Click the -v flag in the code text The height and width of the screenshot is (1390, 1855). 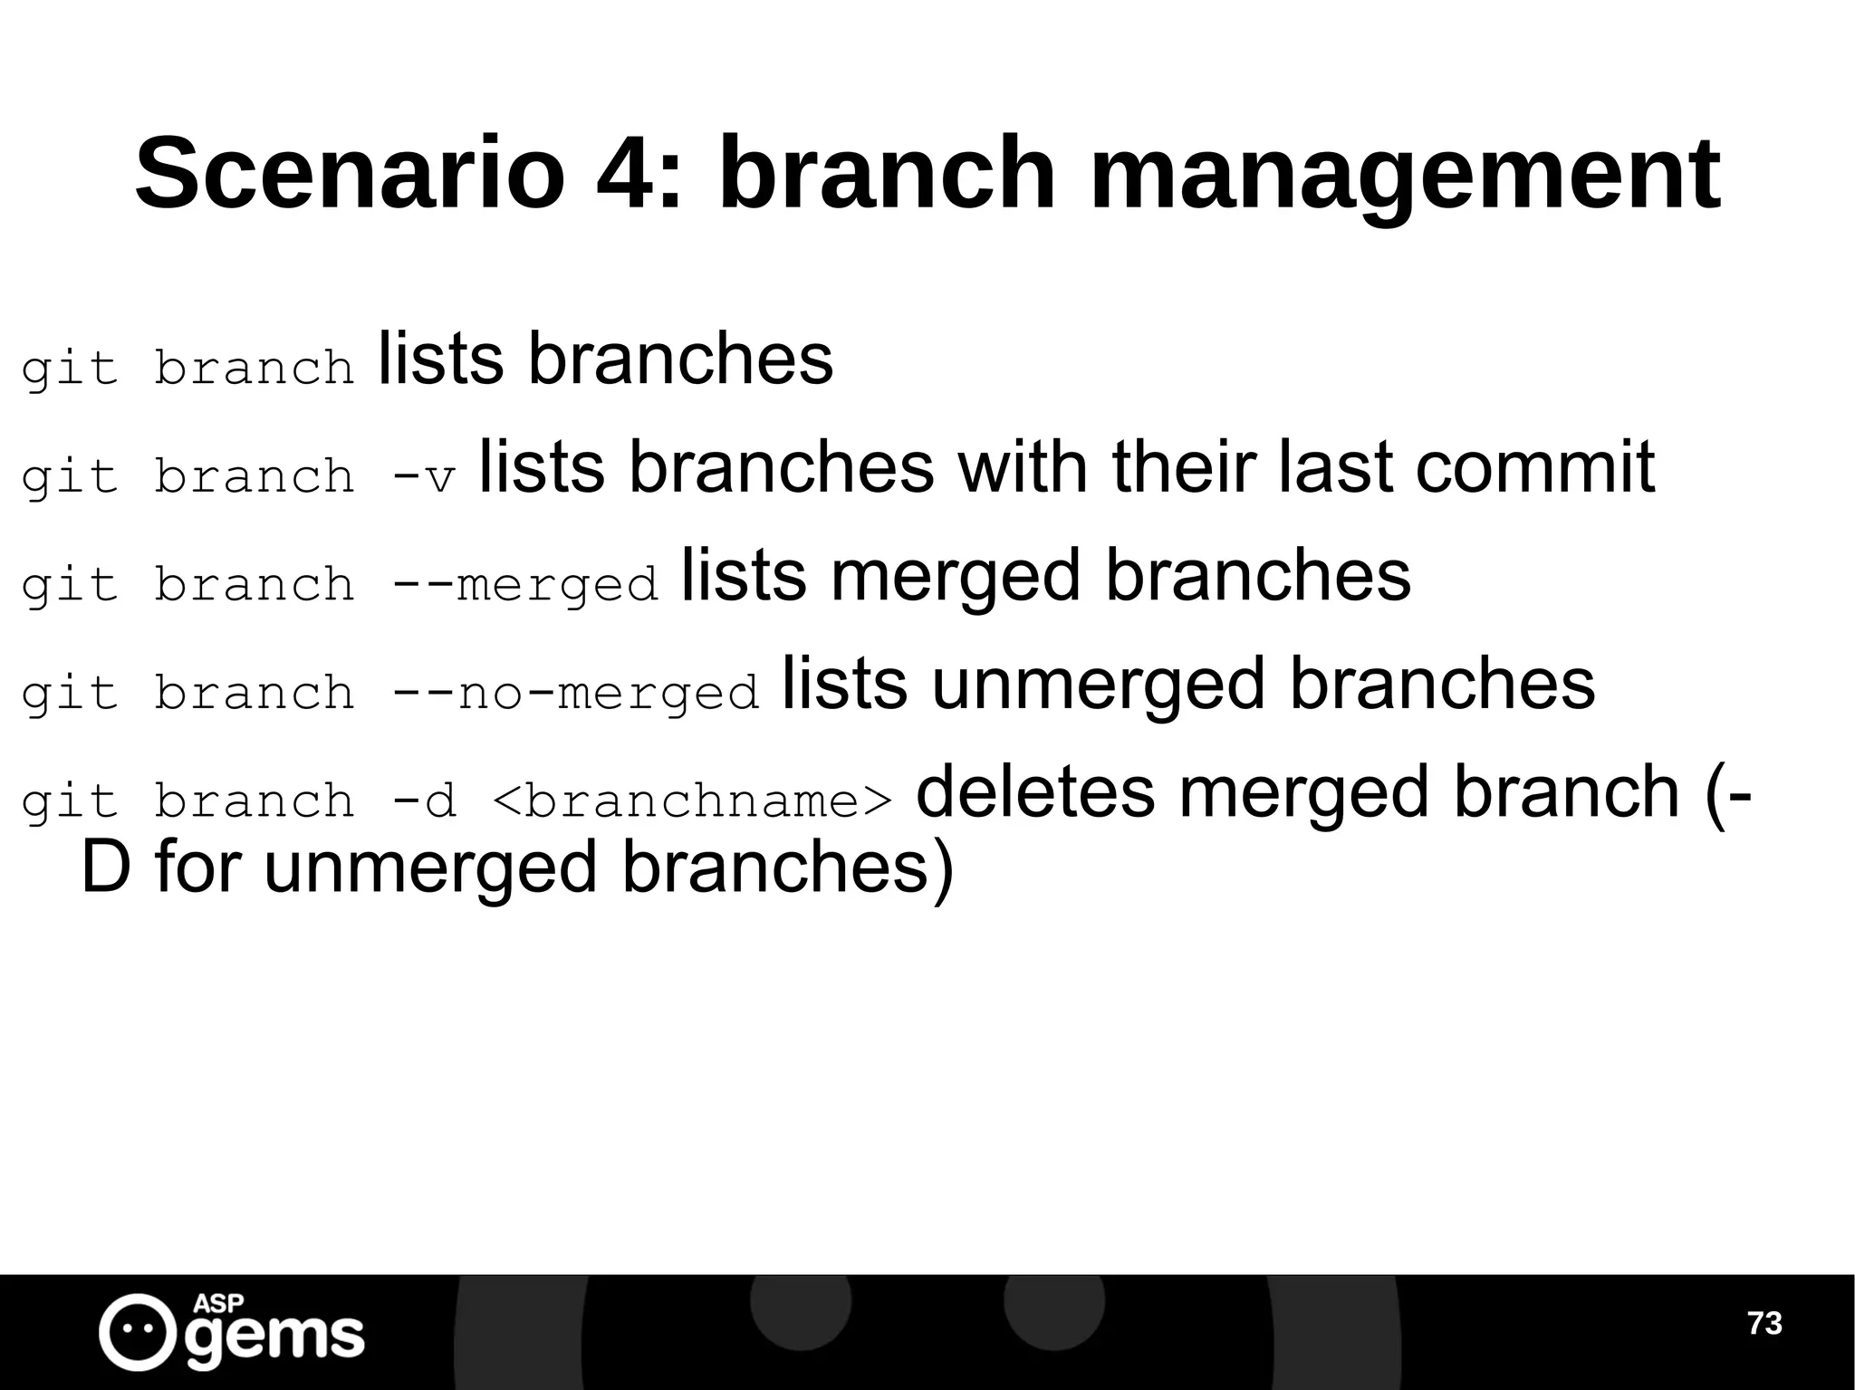pyautogui.click(x=423, y=477)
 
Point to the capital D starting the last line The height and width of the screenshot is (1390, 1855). pyautogui.click(x=106, y=868)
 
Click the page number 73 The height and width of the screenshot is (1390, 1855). pyautogui.click(x=1764, y=1323)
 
